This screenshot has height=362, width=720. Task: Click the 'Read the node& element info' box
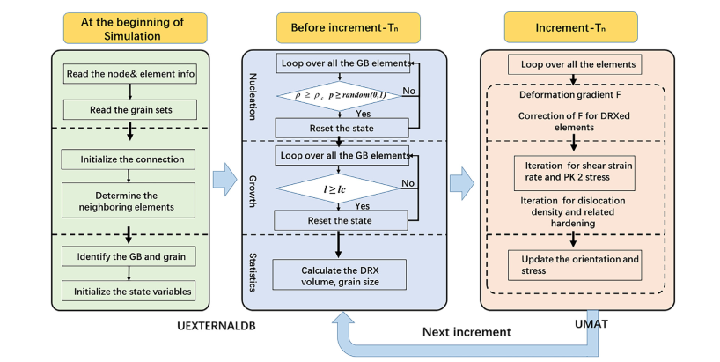pos(130,73)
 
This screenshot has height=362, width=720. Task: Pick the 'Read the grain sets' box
pos(130,110)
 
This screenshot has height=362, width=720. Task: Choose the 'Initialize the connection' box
pos(130,159)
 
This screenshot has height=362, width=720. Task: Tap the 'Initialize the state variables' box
pos(130,290)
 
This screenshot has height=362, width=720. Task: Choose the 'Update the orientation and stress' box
pos(573,263)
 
